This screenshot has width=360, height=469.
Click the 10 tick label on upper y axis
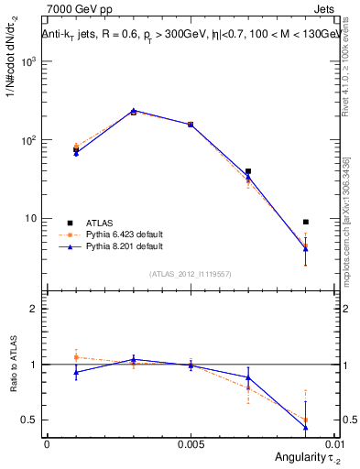(32, 219)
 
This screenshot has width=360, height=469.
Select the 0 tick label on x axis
(47, 443)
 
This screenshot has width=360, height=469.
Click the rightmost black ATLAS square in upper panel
(306, 222)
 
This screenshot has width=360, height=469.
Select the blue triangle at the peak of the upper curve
(134, 111)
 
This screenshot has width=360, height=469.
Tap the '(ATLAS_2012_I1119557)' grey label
(191, 274)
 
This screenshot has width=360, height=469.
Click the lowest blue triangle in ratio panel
(306, 428)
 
